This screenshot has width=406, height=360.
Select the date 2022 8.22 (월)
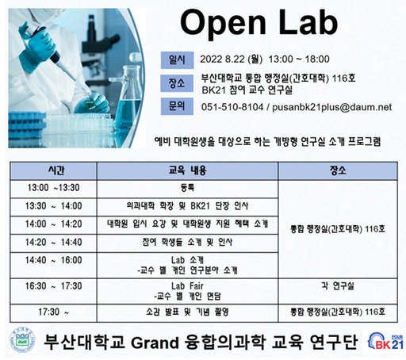pos(236,59)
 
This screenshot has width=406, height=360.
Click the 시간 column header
pos(53,170)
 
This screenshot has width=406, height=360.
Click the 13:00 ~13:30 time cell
pos(53,189)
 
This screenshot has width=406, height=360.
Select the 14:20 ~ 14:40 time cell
pos(53,242)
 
